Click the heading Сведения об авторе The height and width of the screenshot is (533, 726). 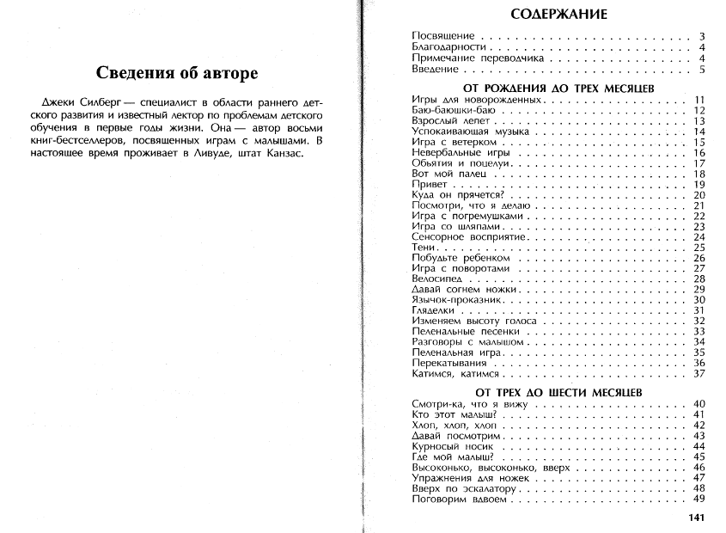click(176, 72)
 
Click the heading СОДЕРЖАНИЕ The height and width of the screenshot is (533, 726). click(558, 14)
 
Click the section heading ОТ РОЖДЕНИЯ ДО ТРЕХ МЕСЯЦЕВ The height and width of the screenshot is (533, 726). click(558, 88)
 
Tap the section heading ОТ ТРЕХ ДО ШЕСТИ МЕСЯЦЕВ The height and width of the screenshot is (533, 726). click(558, 391)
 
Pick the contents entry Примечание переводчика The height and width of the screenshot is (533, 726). click(479, 58)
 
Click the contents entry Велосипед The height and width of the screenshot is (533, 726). click(437, 279)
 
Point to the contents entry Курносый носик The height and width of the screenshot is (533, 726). click(453, 447)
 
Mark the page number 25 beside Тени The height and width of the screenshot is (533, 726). click(699, 248)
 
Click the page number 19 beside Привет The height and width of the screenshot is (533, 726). click(699, 185)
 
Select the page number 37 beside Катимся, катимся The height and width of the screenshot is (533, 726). click(699, 374)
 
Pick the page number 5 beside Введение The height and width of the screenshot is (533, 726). click(701, 70)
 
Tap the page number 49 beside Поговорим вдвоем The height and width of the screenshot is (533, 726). click(699, 499)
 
